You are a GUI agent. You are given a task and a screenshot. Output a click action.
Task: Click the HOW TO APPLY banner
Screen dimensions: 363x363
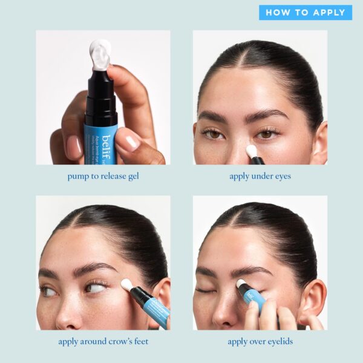306,13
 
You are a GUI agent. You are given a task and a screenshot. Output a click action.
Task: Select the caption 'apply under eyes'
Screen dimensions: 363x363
260,177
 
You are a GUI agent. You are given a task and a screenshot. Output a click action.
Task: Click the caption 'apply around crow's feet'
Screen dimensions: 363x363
103,341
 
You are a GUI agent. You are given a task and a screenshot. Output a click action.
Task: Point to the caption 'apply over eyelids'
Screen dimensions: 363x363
260,341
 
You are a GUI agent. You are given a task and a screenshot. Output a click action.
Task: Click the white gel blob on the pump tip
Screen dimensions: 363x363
100,54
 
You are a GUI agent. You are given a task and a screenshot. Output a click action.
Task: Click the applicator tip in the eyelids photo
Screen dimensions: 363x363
241,283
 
